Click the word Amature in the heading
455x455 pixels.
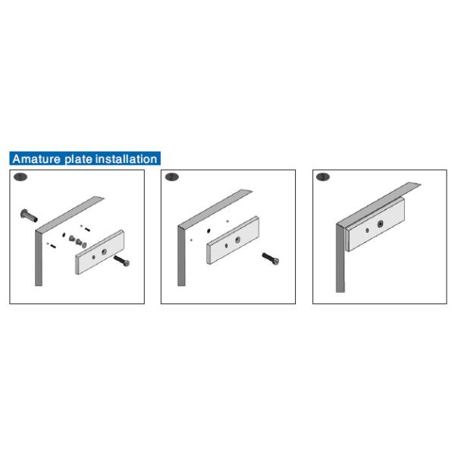(36, 159)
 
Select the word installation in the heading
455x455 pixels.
(126, 159)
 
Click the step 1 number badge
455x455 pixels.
(20, 177)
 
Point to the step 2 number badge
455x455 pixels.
(172, 177)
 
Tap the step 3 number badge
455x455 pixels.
(323, 177)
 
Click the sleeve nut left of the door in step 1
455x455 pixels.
(29, 215)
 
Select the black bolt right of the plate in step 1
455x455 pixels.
(121, 261)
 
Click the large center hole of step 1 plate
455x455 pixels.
(104, 252)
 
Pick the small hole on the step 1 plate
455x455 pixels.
(93, 257)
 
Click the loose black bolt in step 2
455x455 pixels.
(271, 259)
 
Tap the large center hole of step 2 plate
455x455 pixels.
(237, 240)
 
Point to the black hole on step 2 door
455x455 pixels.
(209, 231)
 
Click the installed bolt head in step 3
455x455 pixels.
(381, 224)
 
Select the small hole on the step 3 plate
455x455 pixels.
(367, 231)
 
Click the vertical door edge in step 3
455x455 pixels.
(340, 259)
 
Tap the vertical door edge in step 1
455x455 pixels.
(39, 259)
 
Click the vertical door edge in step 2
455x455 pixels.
(181, 256)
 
